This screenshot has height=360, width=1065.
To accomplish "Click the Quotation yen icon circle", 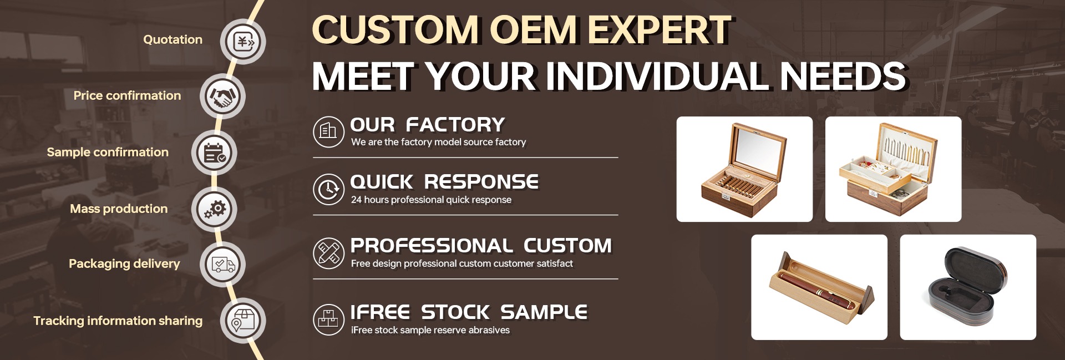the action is pyautogui.click(x=243, y=42).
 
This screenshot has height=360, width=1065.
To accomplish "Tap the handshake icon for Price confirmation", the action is pyautogui.click(x=222, y=97).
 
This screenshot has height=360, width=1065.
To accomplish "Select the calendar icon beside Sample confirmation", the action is pyautogui.click(x=214, y=153).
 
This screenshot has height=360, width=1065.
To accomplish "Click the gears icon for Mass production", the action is pyautogui.click(x=214, y=210).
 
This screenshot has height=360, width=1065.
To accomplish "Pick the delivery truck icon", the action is pyautogui.click(x=222, y=265).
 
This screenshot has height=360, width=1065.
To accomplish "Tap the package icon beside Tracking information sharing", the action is pyautogui.click(x=243, y=321).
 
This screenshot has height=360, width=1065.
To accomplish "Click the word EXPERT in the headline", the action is pyautogui.click(x=660, y=29).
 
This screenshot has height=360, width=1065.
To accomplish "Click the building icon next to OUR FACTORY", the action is pyautogui.click(x=329, y=131).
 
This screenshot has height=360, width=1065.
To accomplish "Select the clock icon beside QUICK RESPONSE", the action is pyautogui.click(x=329, y=189).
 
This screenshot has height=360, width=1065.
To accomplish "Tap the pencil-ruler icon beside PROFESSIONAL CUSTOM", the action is pyautogui.click(x=329, y=253).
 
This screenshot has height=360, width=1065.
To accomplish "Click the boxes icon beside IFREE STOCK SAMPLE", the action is pyautogui.click(x=329, y=320).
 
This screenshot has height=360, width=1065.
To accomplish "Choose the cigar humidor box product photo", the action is pyautogui.click(x=744, y=169).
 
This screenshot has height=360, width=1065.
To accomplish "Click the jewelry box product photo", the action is pyautogui.click(x=893, y=169).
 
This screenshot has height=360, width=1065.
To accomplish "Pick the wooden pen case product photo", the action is pyautogui.click(x=819, y=287).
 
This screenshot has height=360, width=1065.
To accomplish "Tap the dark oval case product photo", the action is pyautogui.click(x=968, y=287).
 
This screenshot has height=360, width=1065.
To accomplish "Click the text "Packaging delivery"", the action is pyautogui.click(x=124, y=264).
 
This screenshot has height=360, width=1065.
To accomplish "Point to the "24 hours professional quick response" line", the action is pyautogui.click(x=431, y=200).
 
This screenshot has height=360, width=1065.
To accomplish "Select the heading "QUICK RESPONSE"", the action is pyautogui.click(x=444, y=182).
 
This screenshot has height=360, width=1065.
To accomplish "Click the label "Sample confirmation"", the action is pyautogui.click(x=108, y=152).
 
